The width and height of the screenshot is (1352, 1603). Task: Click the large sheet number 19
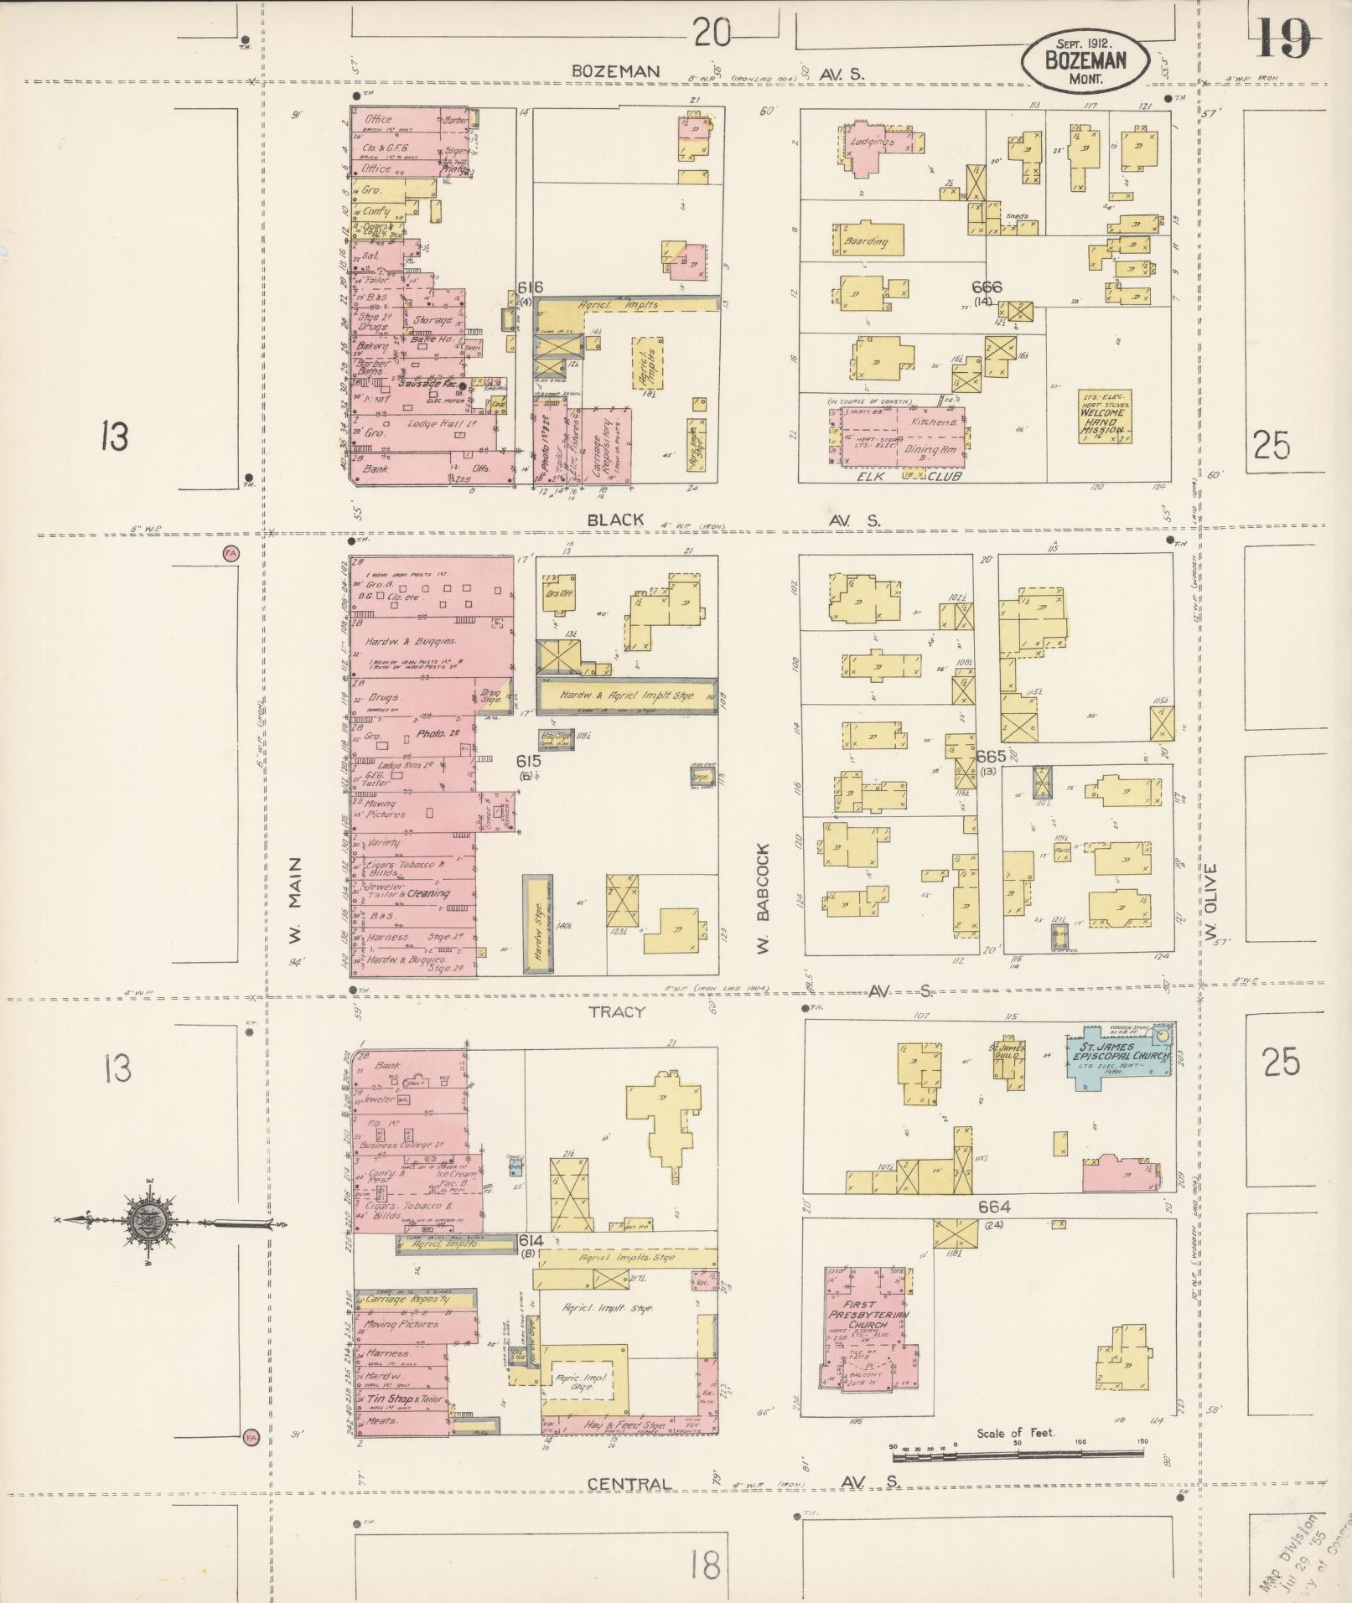tap(1283, 38)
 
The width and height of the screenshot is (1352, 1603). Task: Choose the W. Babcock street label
tap(762, 898)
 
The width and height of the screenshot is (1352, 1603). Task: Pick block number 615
tap(528, 761)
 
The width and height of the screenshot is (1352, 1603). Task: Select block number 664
tap(994, 1207)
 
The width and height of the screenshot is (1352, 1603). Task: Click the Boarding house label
tap(866, 241)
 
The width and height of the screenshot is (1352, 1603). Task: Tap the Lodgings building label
tap(872, 142)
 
